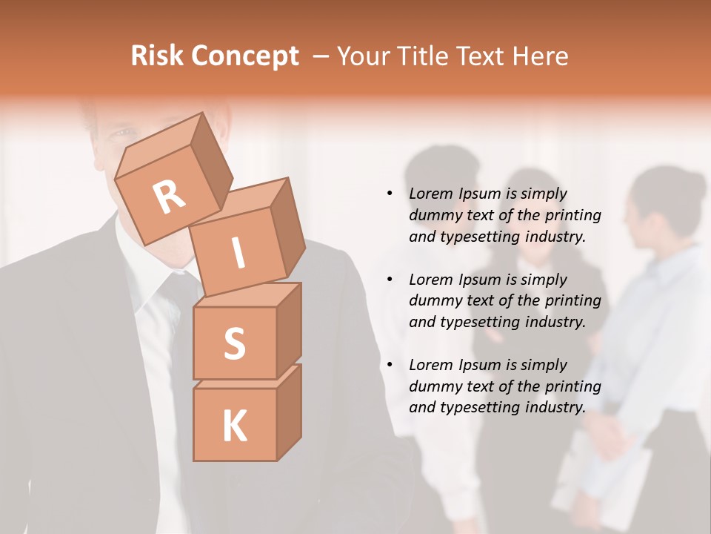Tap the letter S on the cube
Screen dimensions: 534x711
click(234, 343)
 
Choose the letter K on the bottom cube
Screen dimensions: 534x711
click(234, 426)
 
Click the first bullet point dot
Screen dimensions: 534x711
click(390, 194)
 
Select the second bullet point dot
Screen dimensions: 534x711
click(390, 280)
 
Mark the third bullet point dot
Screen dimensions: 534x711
click(390, 365)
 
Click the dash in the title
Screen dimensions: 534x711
click(321, 56)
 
